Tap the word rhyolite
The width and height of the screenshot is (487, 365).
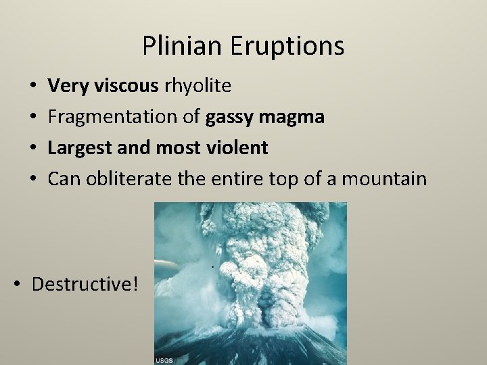[x=197, y=86]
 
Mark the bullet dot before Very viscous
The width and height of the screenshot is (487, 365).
[x=34, y=87]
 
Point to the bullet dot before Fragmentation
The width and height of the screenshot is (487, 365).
[x=34, y=118]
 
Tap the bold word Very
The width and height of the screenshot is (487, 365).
[x=66, y=86]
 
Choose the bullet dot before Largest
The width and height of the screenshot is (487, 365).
[x=34, y=148]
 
